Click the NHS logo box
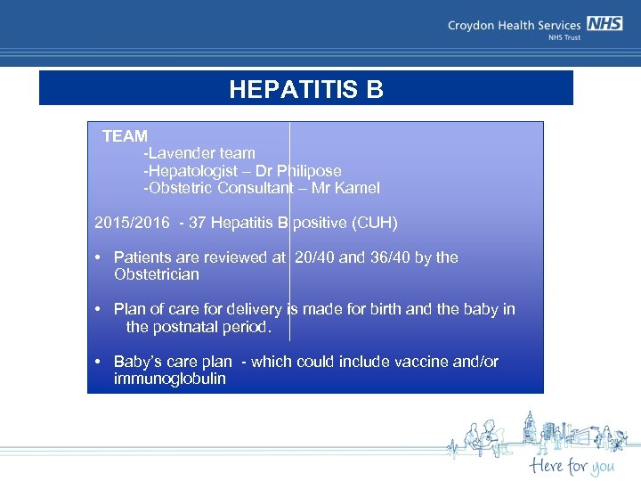tap(604, 24)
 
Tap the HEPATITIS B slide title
tap(305, 90)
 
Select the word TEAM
tap(125, 136)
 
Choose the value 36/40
tap(387, 257)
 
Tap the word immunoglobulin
tap(169, 379)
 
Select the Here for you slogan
tap(571, 465)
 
